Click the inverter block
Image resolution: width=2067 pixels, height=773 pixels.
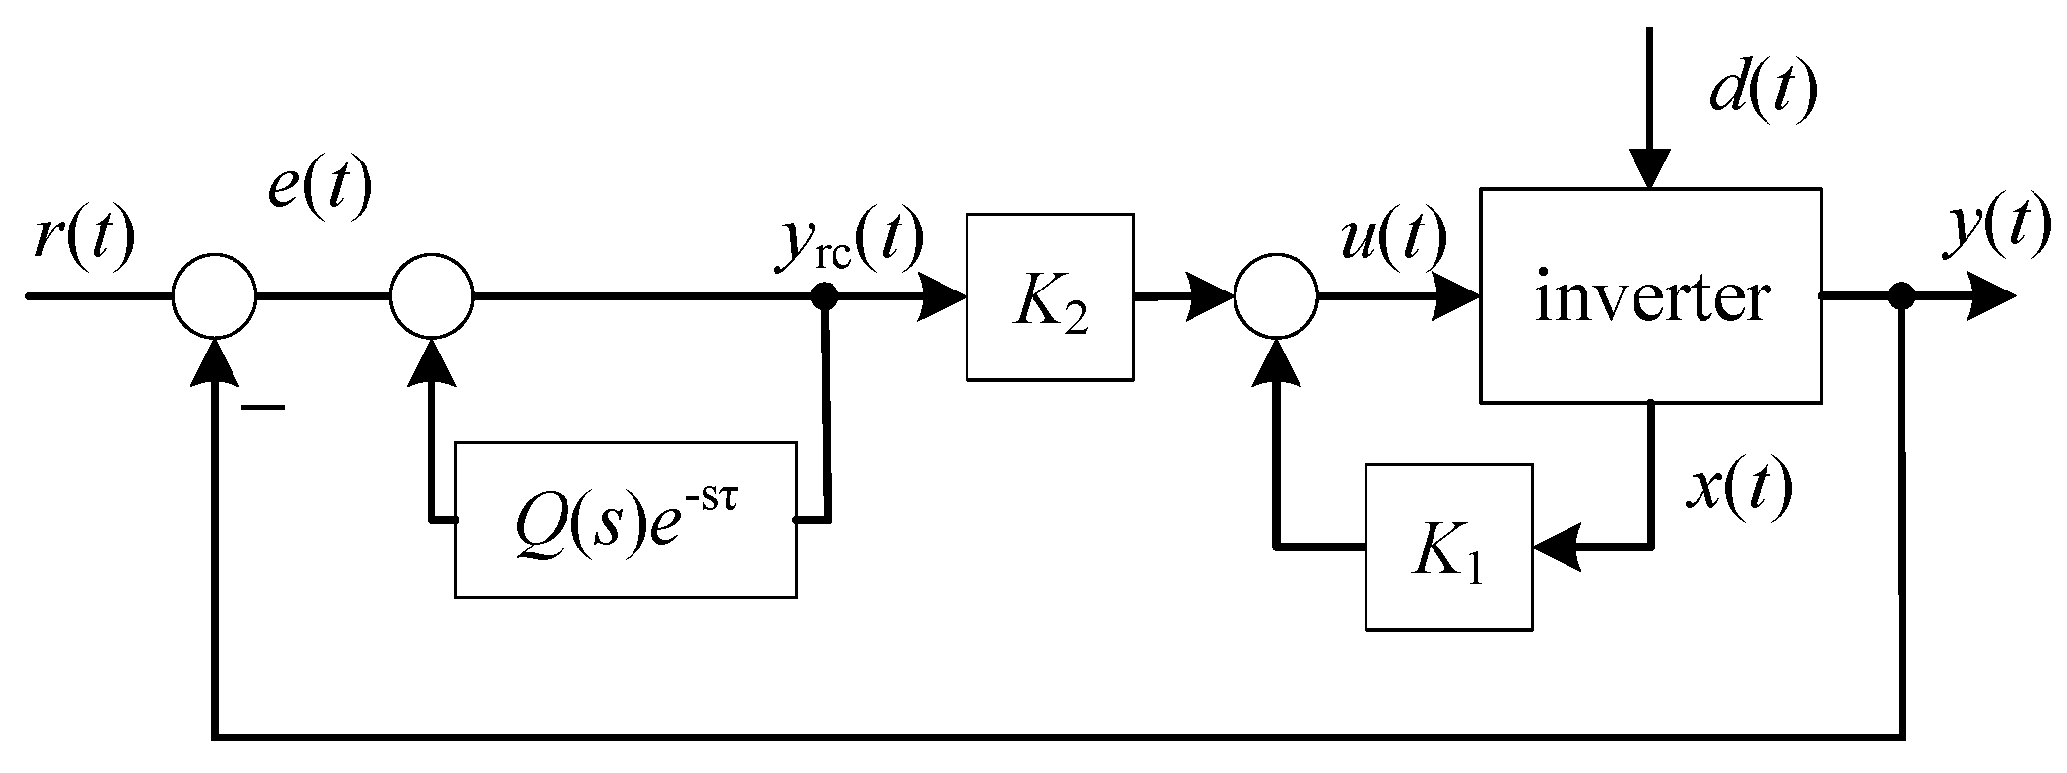[1649, 295]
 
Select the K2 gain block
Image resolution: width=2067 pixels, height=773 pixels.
[1049, 296]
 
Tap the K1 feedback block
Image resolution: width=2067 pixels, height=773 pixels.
[1448, 548]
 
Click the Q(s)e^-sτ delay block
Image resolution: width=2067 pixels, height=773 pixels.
[625, 519]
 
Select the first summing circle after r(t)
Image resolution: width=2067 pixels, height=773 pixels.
[215, 295]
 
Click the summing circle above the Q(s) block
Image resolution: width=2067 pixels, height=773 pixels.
[432, 295]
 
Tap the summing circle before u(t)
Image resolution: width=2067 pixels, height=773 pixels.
[1276, 295]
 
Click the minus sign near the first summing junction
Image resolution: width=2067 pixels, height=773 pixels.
[263, 406]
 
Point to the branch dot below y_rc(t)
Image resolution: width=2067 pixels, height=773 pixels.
[826, 295]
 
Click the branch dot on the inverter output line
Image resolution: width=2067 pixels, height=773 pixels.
[1902, 295]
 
